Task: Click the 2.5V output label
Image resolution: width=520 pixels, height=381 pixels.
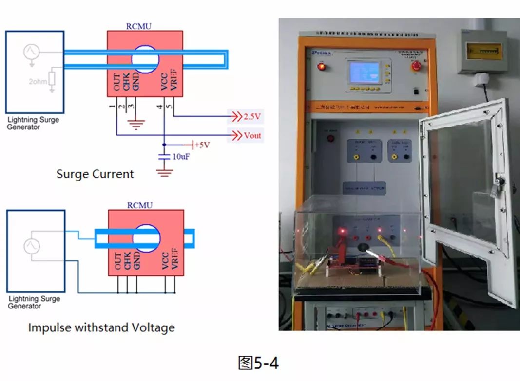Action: coord(253,116)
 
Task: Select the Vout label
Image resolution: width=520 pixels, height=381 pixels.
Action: coord(252,135)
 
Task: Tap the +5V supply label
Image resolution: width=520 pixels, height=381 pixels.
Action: coord(202,145)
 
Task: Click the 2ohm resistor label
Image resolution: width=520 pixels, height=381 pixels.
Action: coord(38,81)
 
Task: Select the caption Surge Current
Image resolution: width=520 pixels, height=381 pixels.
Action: coord(95,174)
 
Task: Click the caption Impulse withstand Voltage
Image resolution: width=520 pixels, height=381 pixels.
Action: coord(101,327)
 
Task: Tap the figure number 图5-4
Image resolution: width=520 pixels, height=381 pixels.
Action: coord(258,363)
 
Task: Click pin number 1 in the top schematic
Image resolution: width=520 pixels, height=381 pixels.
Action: coord(112,106)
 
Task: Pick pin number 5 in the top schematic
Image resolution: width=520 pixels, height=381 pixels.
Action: coord(169,106)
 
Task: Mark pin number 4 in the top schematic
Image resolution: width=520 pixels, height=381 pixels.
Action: coord(160,106)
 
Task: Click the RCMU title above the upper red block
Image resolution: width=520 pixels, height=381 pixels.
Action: coord(139,26)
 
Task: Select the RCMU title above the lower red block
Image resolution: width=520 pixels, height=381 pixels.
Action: coord(140,205)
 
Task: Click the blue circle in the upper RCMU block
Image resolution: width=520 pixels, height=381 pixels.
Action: coord(145,59)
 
